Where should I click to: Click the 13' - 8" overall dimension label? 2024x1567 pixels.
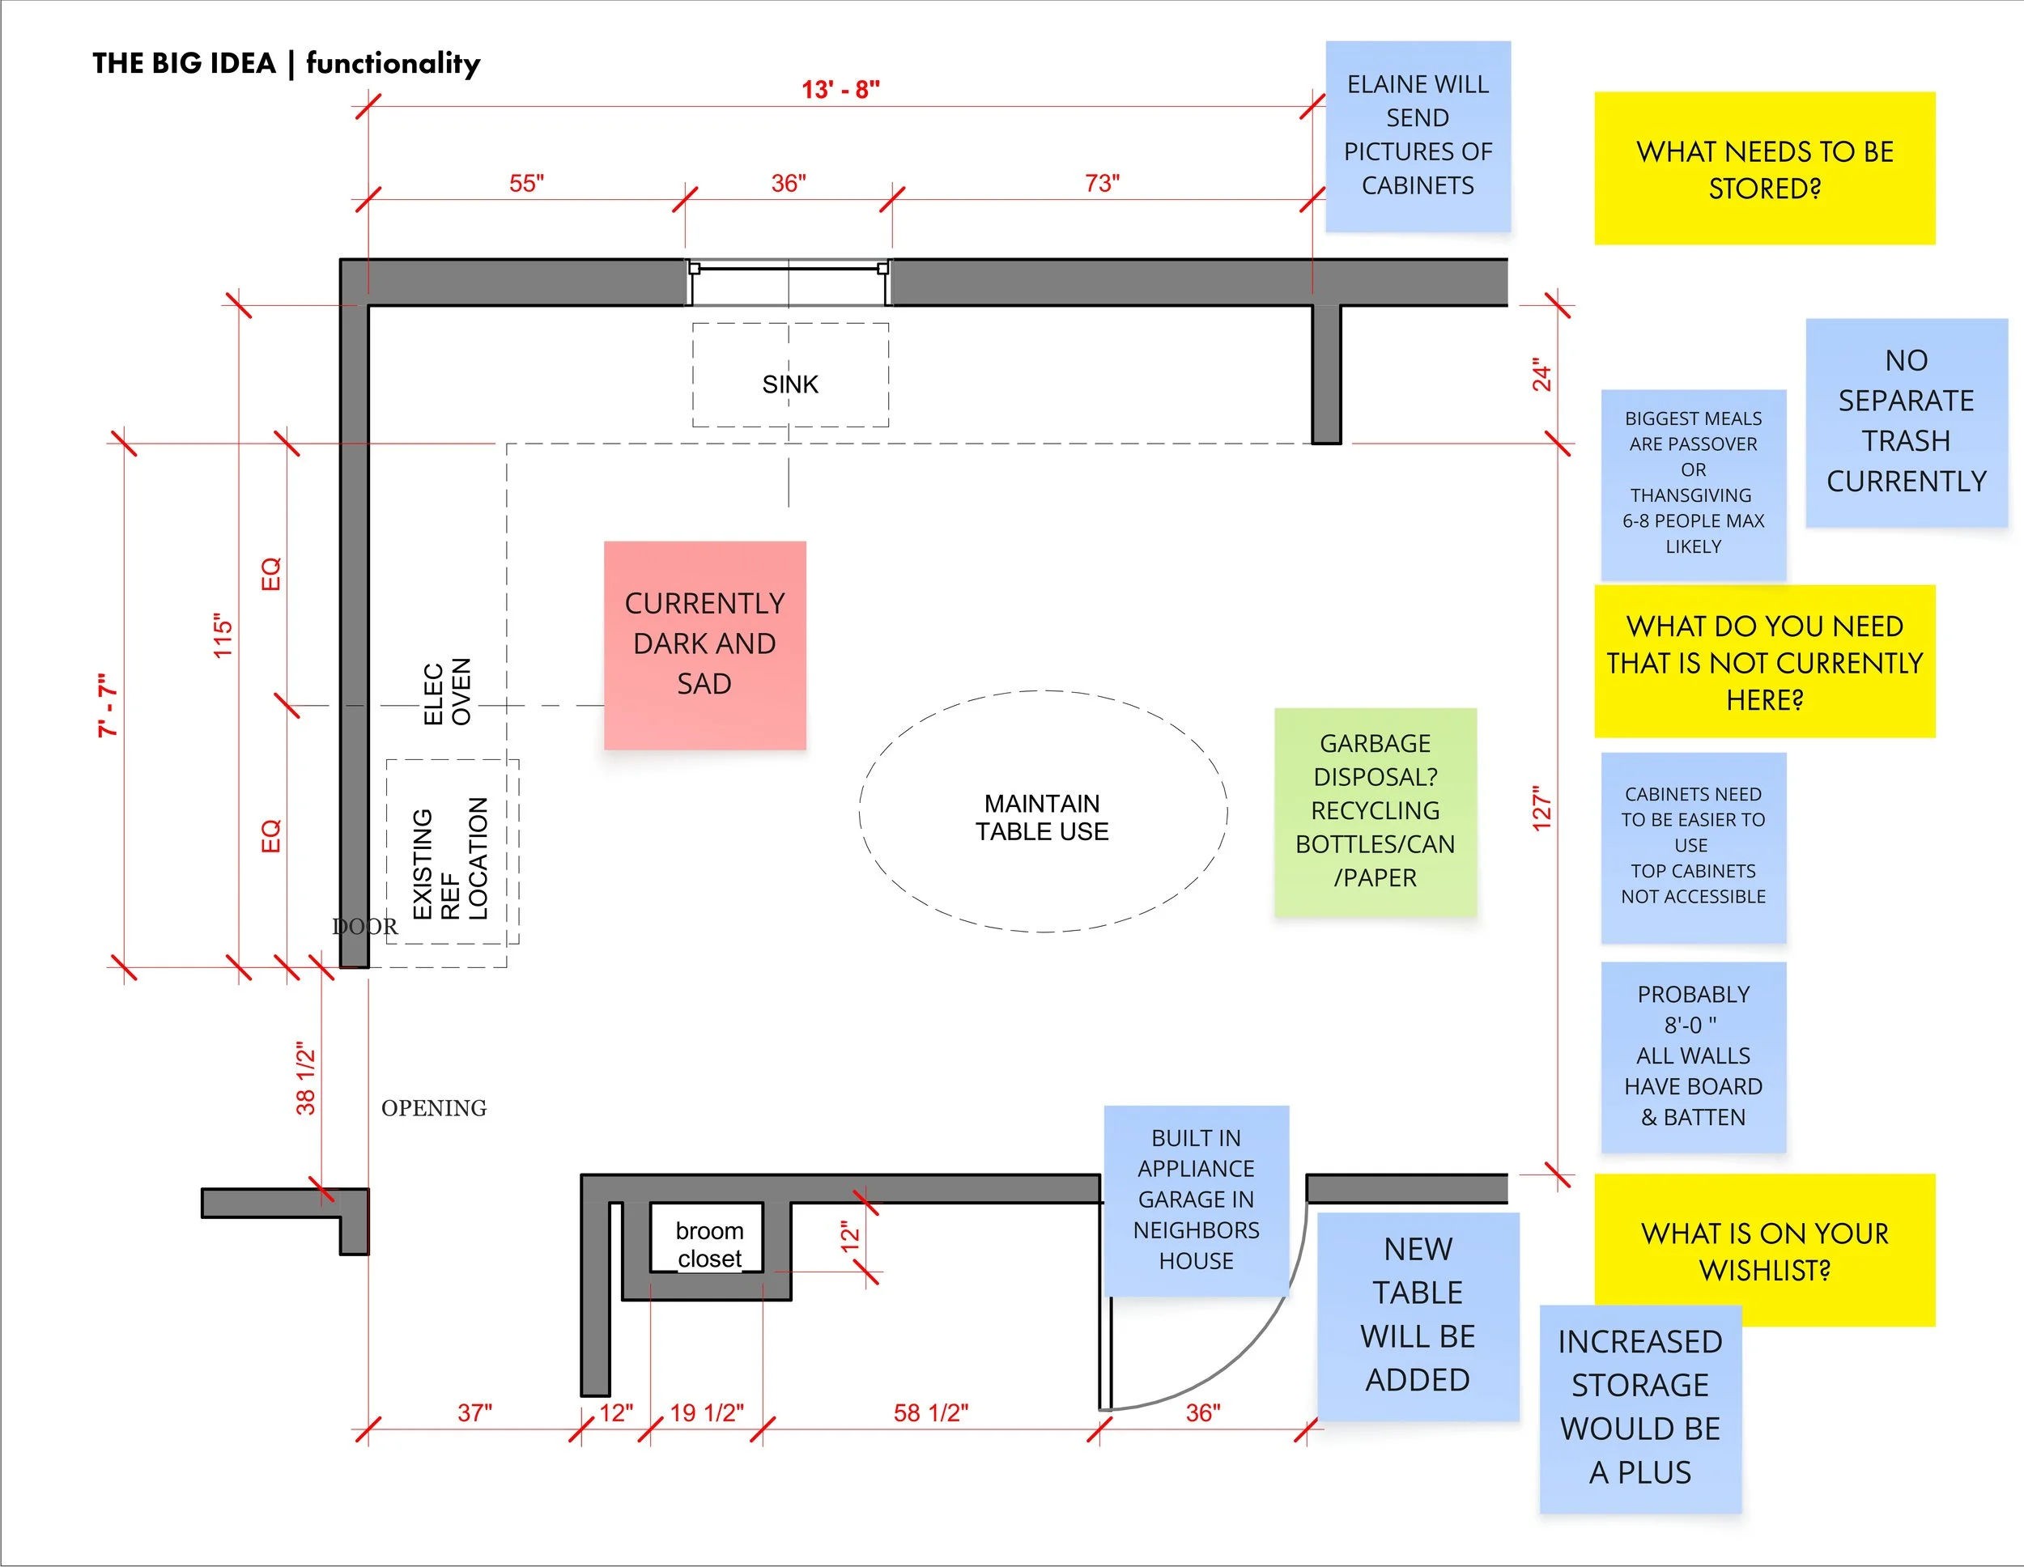840,90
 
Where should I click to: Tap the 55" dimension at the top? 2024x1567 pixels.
525,184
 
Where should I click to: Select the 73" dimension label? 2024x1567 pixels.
1101,184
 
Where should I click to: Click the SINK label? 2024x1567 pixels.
789,384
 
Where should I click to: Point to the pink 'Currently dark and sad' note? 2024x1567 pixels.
704,644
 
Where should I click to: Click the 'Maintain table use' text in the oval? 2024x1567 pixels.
1042,817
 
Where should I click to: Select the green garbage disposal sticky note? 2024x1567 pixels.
1375,811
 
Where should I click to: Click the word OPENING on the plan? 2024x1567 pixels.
434,1108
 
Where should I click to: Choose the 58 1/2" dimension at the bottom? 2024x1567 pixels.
930,1413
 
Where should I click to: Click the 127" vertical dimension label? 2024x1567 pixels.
1541,809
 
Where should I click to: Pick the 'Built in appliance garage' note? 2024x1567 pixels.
1196,1199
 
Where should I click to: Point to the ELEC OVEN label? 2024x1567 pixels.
448,692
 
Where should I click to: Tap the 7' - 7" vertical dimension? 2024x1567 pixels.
108,706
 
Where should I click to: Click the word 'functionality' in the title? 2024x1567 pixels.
393,63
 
